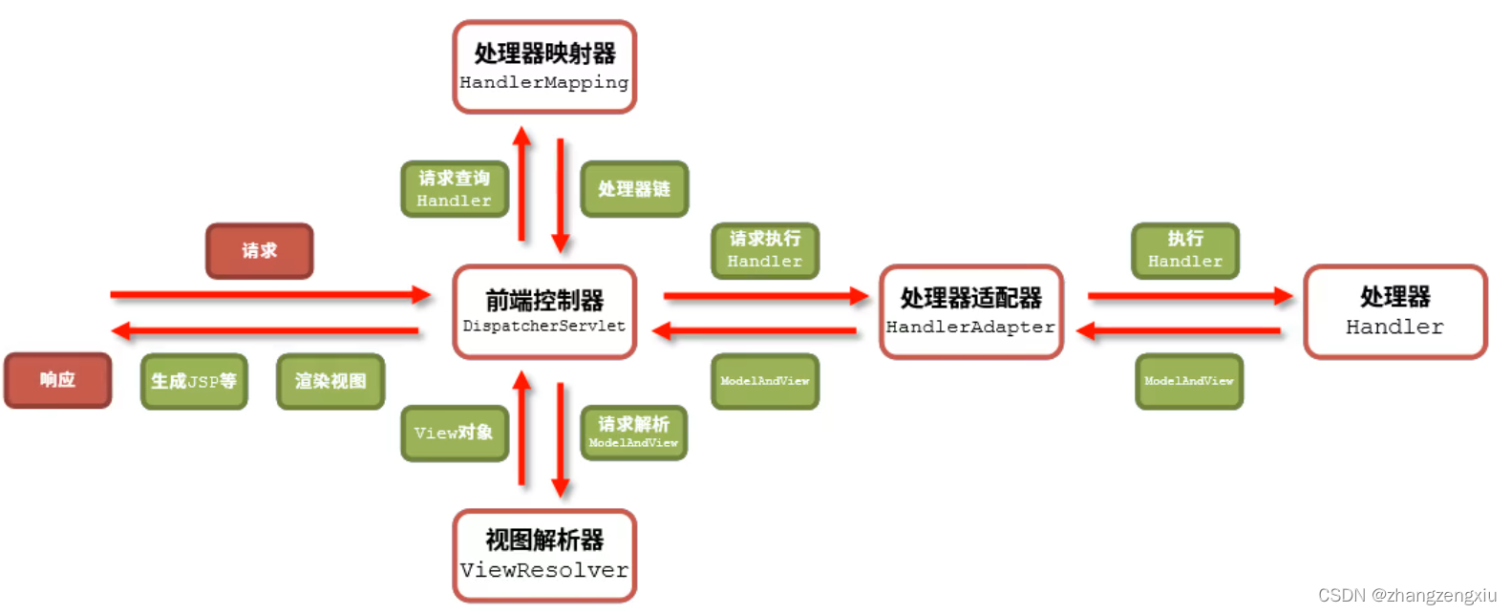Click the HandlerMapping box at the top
[x=544, y=67]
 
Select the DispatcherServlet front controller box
[x=544, y=312]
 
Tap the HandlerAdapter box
[x=970, y=312]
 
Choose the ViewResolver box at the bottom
[x=544, y=556]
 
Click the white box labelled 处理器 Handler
[x=1394, y=312]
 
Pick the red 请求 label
[x=260, y=251]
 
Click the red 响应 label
[x=58, y=380]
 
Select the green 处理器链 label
[x=634, y=189]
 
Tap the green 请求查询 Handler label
[x=455, y=189]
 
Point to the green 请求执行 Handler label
[x=765, y=250]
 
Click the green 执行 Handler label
[x=1185, y=250]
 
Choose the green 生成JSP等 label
[x=194, y=381]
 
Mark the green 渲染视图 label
[x=330, y=381]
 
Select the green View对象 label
[x=455, y=433]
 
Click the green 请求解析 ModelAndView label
[x=634, y=433]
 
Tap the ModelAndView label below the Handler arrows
[x=1189, y=381]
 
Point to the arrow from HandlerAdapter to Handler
[x=1189, y=296]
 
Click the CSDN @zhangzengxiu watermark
[x=1407, y=595]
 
